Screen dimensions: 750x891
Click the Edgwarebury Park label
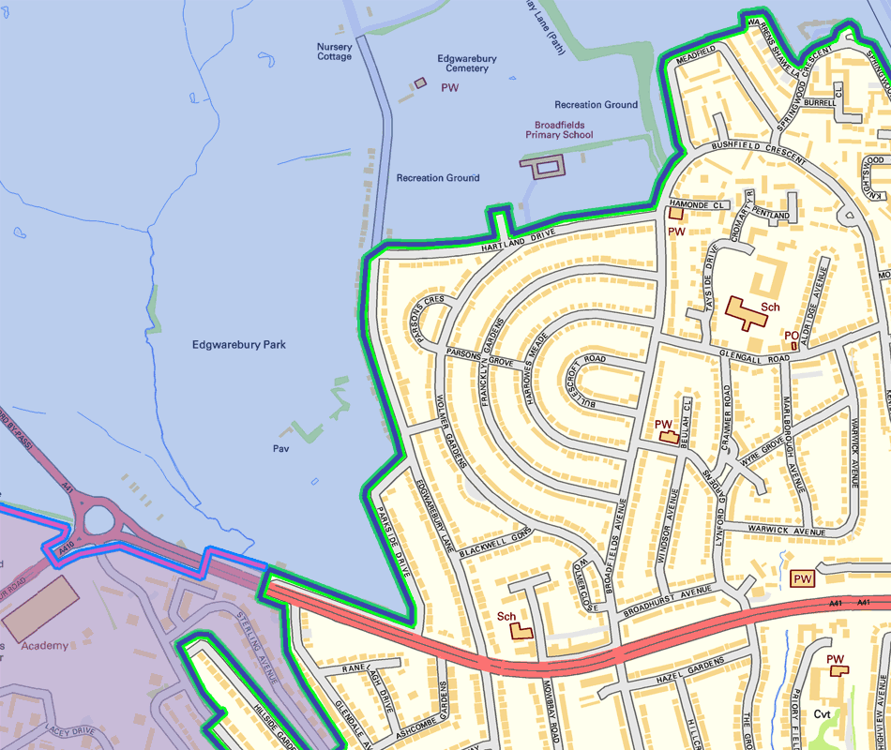[x=238, y=345]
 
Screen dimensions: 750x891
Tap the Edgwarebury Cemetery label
[x=467, y=64]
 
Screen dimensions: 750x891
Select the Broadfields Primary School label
[x=564, y=130]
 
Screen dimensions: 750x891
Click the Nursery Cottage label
[x=334, y=52]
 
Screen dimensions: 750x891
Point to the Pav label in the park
[x=280, y=449]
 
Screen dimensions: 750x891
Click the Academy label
[x=44, y=646]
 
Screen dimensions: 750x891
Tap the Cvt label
[x=823, y=714]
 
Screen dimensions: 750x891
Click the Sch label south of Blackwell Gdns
[x=507, y=616]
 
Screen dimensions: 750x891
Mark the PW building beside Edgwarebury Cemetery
[x=420, y=83]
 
